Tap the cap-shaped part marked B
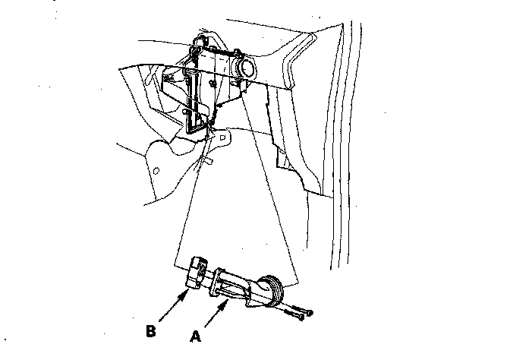click(x=197, y=274)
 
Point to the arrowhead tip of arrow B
click(x=188, y=290)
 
